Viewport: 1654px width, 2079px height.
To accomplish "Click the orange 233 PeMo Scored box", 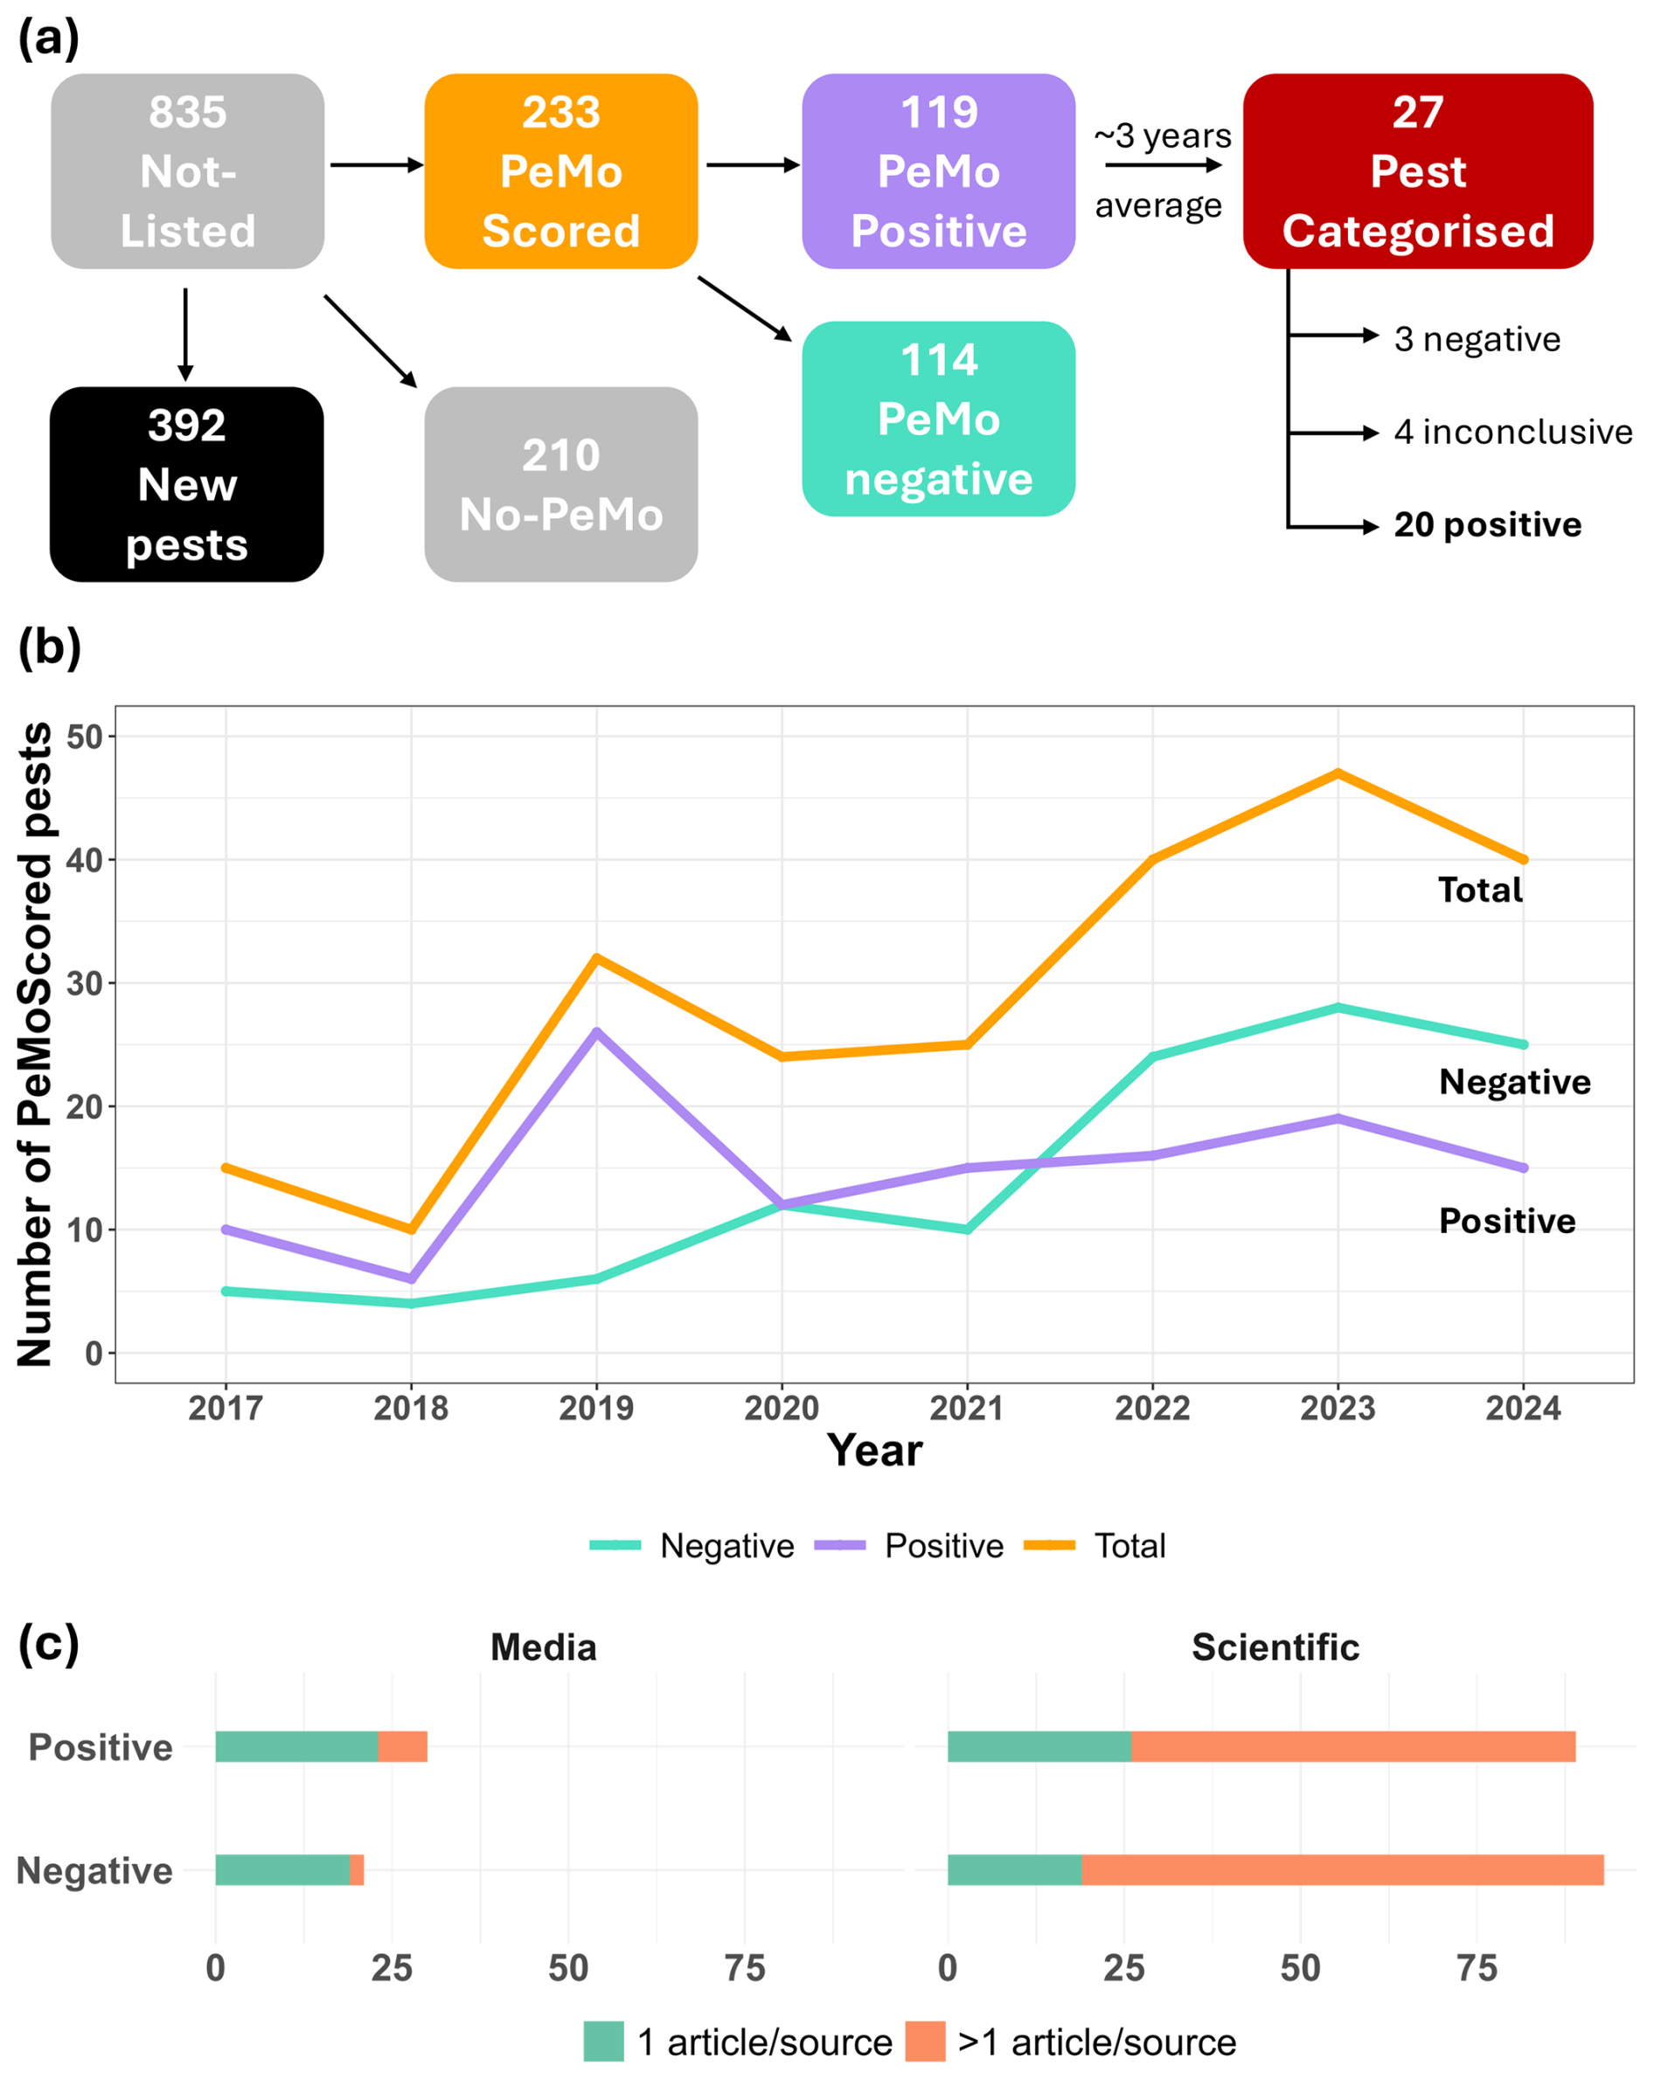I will point(560,170).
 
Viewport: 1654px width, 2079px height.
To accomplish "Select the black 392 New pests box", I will point(186,484).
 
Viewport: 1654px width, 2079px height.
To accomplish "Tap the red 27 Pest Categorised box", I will point(1417,170).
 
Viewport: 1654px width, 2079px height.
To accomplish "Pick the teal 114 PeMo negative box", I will point(937,419).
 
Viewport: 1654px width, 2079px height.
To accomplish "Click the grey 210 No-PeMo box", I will point(560,484).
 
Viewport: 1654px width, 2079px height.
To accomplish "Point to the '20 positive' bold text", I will point(1486,524).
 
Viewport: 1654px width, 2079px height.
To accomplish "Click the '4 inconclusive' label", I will point(1512,432).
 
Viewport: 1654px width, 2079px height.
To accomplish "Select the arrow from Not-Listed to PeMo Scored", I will point(375,165).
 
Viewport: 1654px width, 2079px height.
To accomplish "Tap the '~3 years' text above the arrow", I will point(1162,136).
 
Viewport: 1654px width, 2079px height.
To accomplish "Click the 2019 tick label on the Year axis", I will point(596,1408).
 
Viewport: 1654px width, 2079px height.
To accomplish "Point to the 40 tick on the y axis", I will point(85,859).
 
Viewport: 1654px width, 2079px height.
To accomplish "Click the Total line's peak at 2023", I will point(1338,773).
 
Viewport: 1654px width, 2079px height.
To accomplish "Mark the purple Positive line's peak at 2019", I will point(596,1031).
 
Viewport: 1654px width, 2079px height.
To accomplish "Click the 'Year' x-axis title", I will point(874,1451).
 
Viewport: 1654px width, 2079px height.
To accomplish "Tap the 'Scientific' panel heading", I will point(1275,1647).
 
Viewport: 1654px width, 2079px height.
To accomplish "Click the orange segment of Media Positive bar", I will point(402,1746).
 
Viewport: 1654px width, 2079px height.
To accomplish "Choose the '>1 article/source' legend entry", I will point(1071,2041).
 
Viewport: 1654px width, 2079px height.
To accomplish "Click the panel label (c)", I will point(48,1643).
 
